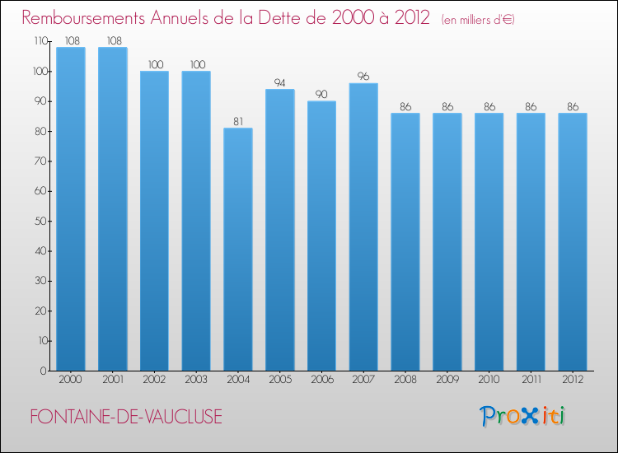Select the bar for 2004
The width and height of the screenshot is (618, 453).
tap(238, 250)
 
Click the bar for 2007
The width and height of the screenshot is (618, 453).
tap(363, 226)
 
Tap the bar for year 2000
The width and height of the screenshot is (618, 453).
tap(71, 208)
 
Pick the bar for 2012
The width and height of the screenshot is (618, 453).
tap(573, 242)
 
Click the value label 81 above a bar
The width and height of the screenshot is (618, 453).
tap(238, 121)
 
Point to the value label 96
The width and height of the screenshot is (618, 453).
tap(363, 76)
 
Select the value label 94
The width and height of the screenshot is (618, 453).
tap(280, 82)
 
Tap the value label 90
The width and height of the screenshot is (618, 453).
tap(321, 94)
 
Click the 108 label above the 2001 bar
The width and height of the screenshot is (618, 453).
tap(115, 40)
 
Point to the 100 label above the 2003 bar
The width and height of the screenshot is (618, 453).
tap(198, 64)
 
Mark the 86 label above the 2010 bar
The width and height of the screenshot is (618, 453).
tap(489, 107)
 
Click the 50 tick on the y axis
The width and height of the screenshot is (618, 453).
tap(40, 221)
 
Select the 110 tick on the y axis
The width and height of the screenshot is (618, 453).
tap(41, 41)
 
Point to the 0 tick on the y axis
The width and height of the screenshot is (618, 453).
tap(44, 371)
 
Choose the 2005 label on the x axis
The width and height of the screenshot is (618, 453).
tap(280, 380)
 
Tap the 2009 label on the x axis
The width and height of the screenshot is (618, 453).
tap(447, 380)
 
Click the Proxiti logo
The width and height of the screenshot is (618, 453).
tap(522, 416)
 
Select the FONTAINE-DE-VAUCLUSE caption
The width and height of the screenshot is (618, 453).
tap(126, 417)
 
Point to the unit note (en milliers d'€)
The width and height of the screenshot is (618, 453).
tap(478, 20)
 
